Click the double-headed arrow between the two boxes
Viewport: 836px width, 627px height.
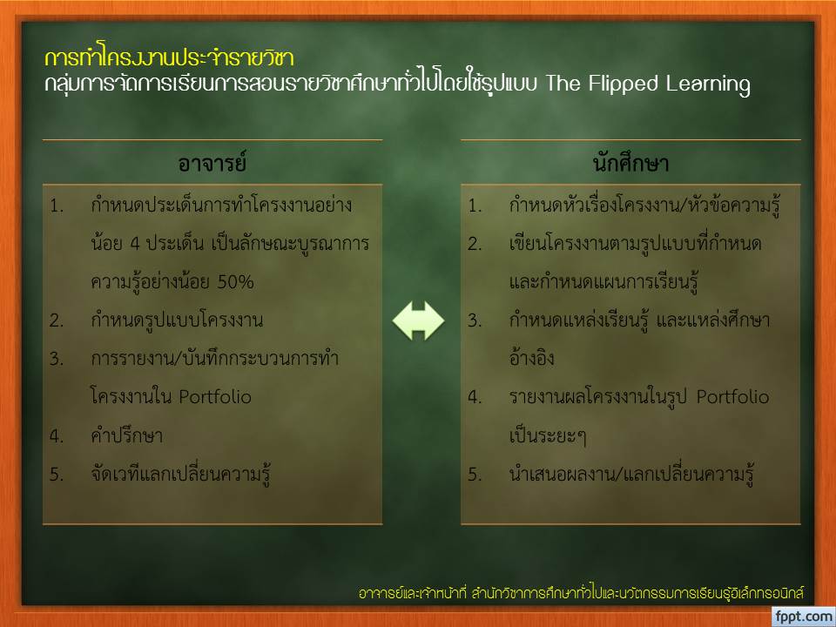click(x=418, y=320)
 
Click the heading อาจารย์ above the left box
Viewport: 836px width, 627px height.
click(x=212, y=163)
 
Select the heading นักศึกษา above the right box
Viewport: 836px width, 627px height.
click(x=630, y=163)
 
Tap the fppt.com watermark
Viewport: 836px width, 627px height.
click(x=804, y=617)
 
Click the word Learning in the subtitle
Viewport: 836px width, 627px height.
click(x=708, y=84)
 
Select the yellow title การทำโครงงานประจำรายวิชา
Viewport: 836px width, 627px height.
click(x=169, y=57)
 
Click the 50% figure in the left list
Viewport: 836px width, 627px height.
click(x=235, y=281)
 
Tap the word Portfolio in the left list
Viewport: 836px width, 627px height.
click(x=215, y=397)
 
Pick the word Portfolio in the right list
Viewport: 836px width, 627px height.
click(x=733, y=397)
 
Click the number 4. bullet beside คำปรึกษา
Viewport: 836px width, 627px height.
click(x=57, y=435)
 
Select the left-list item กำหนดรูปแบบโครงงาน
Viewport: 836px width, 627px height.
click(x=177, y=320)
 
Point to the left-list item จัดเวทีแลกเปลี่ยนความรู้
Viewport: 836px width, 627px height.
click(x=181, y=474)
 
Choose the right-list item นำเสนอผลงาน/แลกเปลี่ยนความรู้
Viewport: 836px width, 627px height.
click(x=631, y=474)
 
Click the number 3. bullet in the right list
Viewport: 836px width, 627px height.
click(x=475, y=320)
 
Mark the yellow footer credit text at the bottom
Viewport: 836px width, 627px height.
click(x=581, y=593)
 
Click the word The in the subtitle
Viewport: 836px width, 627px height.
click(x=563, y=84)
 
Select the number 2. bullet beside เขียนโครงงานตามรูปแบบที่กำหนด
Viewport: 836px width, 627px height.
click(x=475, y=244)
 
